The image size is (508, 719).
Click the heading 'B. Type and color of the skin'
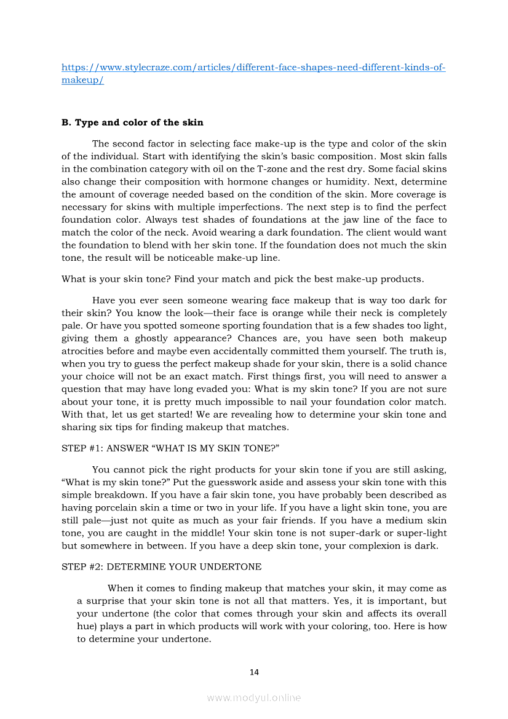point(132,122)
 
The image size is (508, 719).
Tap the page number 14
point(254,672)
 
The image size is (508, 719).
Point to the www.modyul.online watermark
point(254,697)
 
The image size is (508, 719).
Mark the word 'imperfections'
point(250,207)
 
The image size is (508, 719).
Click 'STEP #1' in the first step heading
point(80,448)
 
